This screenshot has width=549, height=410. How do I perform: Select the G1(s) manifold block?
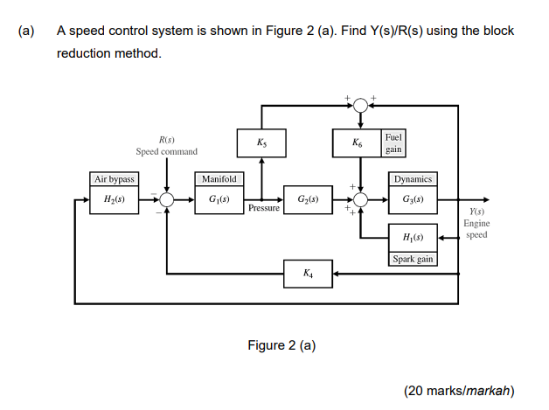point(219,200)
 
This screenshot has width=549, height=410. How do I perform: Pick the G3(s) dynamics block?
point(413,200)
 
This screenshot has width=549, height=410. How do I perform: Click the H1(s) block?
point(413,238)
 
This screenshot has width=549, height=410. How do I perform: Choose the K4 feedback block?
point(308,274)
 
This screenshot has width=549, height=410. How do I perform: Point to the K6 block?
point(358,142)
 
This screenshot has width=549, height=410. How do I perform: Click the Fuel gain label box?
point(393,142)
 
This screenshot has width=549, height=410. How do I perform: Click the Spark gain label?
point(413,259)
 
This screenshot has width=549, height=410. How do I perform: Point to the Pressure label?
point(263,209)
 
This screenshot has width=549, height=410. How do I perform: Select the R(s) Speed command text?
point(166,146)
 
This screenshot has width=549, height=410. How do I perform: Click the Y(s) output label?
point(476,212)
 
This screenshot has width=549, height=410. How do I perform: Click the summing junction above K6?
point(358,105)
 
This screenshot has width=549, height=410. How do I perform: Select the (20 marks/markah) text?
point(459,390)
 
